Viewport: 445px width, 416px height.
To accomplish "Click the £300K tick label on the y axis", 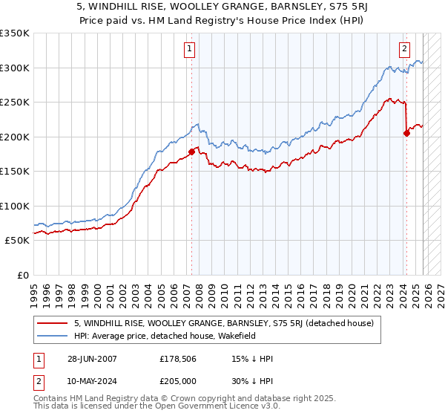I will pyautogui.click(x=14, y=68).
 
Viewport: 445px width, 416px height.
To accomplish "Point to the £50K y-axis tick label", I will pyautogui.click(x=16, y=241).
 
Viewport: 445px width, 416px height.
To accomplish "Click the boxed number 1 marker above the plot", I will pyautogui.click(x=191, y=50).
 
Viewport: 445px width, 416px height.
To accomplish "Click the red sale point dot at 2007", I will pyautogui.click(x=191, y=152).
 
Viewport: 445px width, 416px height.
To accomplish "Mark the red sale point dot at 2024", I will pyautogui.click(x=406, y=133).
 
